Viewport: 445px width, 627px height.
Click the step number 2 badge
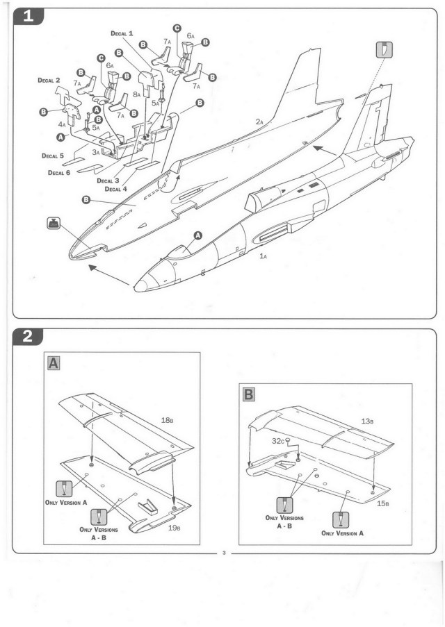coord(29,337)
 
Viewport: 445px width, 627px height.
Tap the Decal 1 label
coord(122,33)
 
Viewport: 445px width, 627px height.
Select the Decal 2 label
coord(51,81)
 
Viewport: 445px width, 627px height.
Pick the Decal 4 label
coord(117,188)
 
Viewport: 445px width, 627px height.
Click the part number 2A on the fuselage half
coord(259,122)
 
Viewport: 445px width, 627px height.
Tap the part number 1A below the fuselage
coord(263,256)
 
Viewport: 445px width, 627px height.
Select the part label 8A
coord(138,94)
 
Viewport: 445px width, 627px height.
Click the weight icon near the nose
coord(54,224)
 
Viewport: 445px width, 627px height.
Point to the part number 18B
coord(168,419)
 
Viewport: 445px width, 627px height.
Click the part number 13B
coord(368,421)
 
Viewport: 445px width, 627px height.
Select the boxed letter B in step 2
coord(248,395)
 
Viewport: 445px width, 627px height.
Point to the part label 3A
coord(97,151)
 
